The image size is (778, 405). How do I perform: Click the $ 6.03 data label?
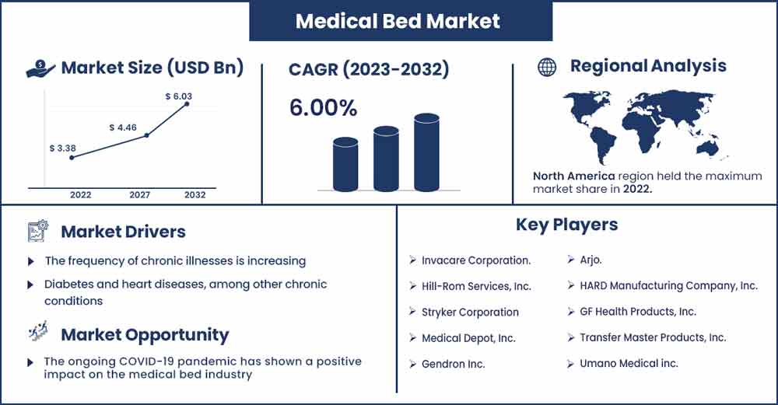coord(179,96)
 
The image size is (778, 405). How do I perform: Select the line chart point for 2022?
coord(72,158)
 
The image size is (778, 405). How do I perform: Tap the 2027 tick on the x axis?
coord(139,195)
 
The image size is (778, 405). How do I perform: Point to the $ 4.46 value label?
coord(123,127)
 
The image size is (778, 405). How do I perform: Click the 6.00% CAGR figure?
coord(323,108)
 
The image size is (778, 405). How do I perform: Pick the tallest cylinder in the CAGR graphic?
coord(426,152)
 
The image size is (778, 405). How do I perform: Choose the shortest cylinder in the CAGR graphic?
coord(345,164)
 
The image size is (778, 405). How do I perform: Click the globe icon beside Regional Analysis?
coord(547,67)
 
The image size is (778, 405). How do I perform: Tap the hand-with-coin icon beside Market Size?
coord(40,69)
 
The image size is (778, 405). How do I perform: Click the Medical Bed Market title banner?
coord(401,21)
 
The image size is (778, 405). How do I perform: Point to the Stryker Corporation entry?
coord(470,312)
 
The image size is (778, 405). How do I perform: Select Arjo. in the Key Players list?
coord(591,260)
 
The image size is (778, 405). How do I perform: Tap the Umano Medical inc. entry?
coord(629,363)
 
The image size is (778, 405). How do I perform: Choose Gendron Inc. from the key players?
coord(453,364)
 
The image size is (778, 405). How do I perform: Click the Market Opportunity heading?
coord(145,335)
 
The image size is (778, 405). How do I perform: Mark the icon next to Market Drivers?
coord(38,231)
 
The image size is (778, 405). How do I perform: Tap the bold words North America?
coord(573,176)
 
